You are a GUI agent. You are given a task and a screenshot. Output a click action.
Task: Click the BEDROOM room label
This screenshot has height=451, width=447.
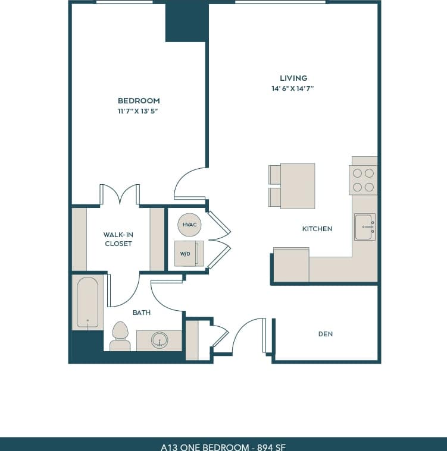139,100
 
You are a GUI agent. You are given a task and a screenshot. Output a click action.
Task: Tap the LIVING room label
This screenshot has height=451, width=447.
293,78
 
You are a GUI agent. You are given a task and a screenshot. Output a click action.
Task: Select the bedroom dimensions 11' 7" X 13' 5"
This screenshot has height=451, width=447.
139,111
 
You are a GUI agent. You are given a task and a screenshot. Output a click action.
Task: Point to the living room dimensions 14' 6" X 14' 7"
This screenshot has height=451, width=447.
293,89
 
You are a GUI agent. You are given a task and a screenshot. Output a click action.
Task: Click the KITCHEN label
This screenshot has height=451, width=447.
317,229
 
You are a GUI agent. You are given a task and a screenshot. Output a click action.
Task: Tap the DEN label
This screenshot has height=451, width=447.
325,334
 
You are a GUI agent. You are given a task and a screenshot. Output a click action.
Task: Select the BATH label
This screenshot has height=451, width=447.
142,313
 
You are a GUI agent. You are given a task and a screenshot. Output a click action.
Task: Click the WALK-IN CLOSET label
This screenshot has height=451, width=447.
118,239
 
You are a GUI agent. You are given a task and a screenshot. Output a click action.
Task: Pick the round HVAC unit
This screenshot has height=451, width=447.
189,224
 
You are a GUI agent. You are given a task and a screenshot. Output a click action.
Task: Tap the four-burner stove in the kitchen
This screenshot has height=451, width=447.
363,180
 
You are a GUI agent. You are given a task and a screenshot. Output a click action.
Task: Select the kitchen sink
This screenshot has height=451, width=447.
365,227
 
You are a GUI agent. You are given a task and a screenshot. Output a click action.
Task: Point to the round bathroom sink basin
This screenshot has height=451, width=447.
159,340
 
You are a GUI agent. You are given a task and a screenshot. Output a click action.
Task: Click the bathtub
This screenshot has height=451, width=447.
87,302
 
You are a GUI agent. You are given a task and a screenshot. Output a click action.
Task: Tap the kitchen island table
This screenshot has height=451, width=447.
297,186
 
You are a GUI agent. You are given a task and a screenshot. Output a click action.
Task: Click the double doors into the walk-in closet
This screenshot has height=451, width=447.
120,195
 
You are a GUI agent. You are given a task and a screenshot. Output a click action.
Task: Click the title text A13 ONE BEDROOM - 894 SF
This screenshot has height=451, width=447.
223,446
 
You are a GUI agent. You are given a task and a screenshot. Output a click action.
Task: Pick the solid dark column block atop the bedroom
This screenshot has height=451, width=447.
186,23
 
